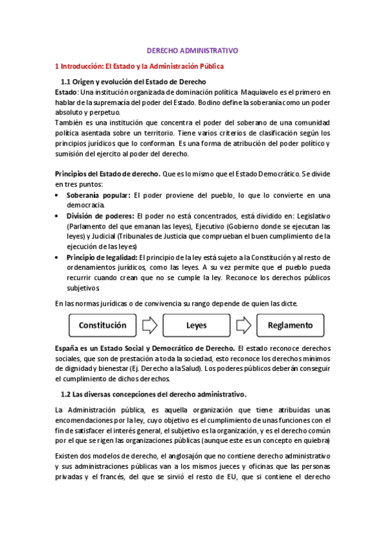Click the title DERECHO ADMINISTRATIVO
pos(193,49)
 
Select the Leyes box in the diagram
pos(196,325)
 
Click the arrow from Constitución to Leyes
pos(150,325)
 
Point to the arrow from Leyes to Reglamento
pos(244,325)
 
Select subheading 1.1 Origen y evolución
pos(133,82)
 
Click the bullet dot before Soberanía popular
pos(58,194)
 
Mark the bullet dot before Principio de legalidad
pos(58,258)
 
